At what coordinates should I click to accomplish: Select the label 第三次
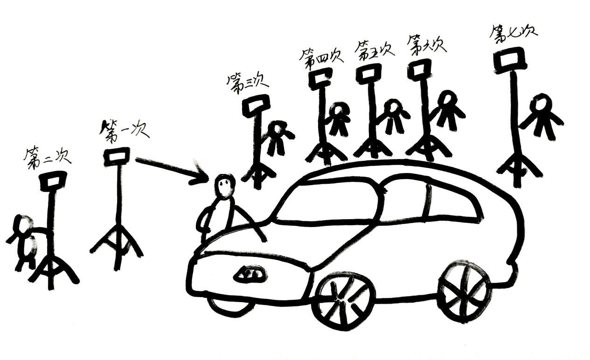coord(247,83)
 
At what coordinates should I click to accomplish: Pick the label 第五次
coord(374,49)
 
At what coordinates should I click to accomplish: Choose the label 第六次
coord(426,44)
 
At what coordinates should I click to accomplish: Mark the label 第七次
coord(513,33)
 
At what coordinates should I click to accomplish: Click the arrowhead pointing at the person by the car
coord(203,176)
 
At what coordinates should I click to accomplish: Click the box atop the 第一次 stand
coord(116,157)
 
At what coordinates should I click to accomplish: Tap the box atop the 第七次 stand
coord(510,61)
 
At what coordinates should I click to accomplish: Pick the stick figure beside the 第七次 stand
coord(542,116)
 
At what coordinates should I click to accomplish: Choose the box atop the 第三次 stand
coord(256,105)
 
